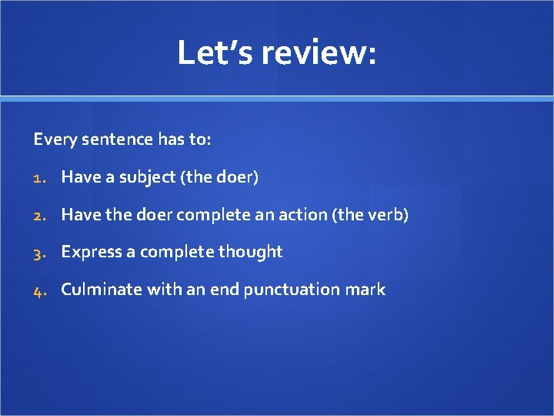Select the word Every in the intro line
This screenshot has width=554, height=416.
click(50, 139)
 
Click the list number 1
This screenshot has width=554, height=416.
click(39, 177)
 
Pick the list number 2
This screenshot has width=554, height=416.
click(39, 215)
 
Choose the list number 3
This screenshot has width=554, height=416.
click(39, 252)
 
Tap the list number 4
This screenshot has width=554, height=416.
click(39, 290)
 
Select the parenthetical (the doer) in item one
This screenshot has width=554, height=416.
click(219, 177)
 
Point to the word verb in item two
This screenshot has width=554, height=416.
click(389, 214)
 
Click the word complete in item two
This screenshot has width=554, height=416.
click(205, 215)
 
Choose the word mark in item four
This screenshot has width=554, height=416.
click(368, 290)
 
